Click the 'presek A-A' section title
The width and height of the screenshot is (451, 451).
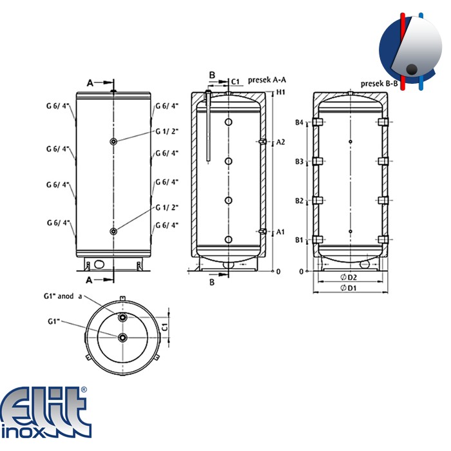click(x=267, y=80)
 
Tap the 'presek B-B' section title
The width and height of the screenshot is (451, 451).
click(x=379, y=84)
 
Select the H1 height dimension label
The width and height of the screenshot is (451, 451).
click(x=280, y=92)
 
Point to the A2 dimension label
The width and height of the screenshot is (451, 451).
click(x=280, y=142)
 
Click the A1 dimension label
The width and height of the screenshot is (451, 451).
click(x=280, y=232)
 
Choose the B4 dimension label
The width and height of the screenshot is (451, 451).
click(x=299, y=122)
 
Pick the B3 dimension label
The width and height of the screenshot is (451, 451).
click(x=299, y=162)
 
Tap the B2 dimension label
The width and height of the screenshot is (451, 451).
click(x=299, y=201)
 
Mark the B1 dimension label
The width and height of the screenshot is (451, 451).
click(x=299, y=240)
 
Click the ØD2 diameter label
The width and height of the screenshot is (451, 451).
click(x=349, y=277)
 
